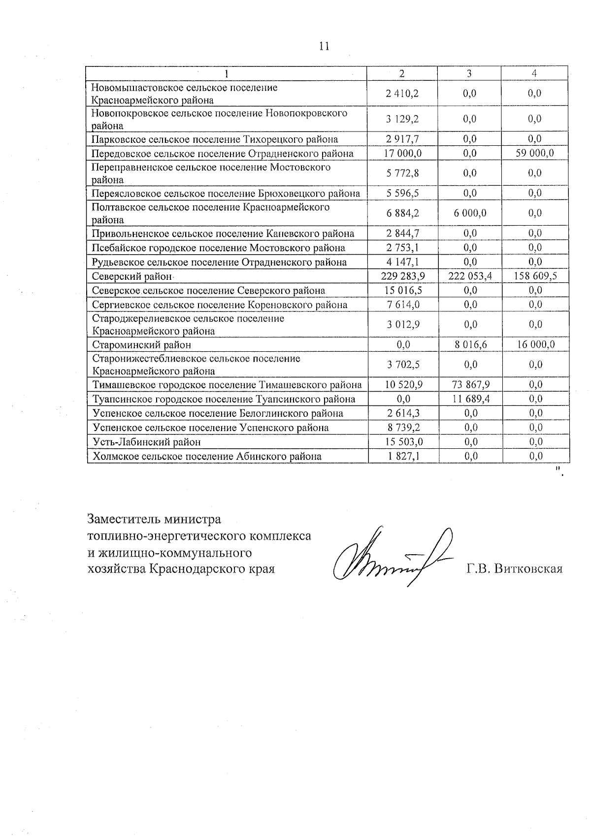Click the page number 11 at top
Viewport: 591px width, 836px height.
[324, 46]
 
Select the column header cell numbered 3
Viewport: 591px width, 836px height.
[469, 73]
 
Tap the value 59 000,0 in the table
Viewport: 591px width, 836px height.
[535, 153]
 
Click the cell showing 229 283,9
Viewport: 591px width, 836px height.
[403, 276]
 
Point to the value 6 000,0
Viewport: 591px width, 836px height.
[470, 213]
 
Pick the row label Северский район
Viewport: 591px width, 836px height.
[132, 276]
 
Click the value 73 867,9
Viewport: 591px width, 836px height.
[470, 384]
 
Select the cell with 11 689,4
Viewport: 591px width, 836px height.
[470, 399]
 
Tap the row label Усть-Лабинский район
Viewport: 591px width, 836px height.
[147, 442]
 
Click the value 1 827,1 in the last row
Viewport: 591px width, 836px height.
[403, 456]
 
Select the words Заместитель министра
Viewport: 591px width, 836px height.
[154, 519]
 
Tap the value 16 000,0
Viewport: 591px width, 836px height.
[535, 345]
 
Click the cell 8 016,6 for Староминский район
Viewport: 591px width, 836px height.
[470, 345]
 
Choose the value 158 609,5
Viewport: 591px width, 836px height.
[535, 276]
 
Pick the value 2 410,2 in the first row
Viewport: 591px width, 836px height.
[403, 93]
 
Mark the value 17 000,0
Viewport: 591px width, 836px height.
[403, 153]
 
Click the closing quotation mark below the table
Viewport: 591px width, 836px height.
[559, 472]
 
